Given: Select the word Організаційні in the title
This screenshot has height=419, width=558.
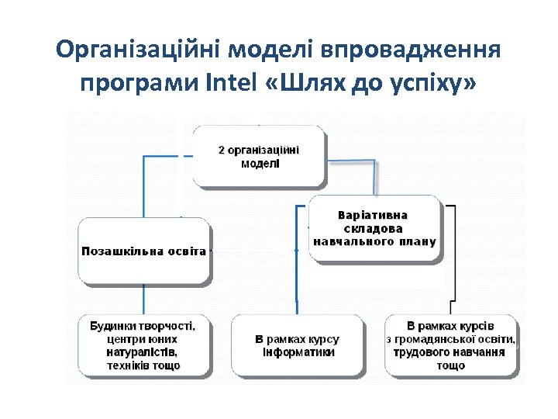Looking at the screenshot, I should pyautogui.click(x=139, y=52).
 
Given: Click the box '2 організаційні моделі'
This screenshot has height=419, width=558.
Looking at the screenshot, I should pyautogui.click(x=258, y=156).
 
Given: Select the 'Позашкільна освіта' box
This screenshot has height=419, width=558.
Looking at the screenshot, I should pyautogui.click(x=144, y=251).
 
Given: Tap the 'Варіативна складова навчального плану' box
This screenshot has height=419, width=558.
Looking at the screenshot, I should pyautogui.click(x=375, y=227).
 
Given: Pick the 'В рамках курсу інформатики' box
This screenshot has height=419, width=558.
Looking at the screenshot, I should pyautogui.click(x=298, y=345).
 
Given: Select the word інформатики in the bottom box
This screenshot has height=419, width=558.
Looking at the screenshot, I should pyautogui.click(x=298, y=352).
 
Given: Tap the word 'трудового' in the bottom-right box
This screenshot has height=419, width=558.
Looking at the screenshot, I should pyautogui.click(x=417, y=351).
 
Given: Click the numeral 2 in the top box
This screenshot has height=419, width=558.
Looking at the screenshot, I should pyautogui.click(x=221, y=150).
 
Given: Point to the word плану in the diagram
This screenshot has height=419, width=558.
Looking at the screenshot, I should pyautogui.click(x=418, y=241).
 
